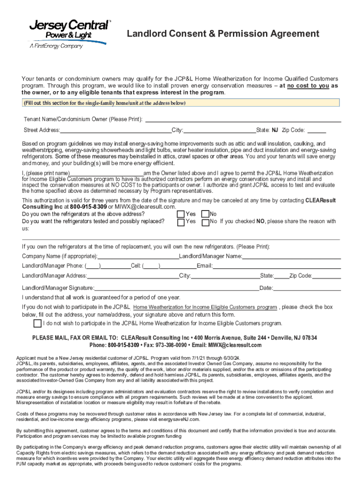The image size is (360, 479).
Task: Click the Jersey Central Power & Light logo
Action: (x=68, y=34)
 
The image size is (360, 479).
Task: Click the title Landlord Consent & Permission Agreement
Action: (x=223, y=34)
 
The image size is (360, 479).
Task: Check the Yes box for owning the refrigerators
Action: (x=180, y=214)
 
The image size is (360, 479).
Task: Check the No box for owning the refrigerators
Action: (x=205, y=214)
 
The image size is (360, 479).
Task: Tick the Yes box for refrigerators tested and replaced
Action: (x=180, y=222)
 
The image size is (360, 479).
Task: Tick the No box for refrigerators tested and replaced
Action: (x=205, y=222)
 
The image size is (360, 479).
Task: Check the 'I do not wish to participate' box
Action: (x=37, y=323)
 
